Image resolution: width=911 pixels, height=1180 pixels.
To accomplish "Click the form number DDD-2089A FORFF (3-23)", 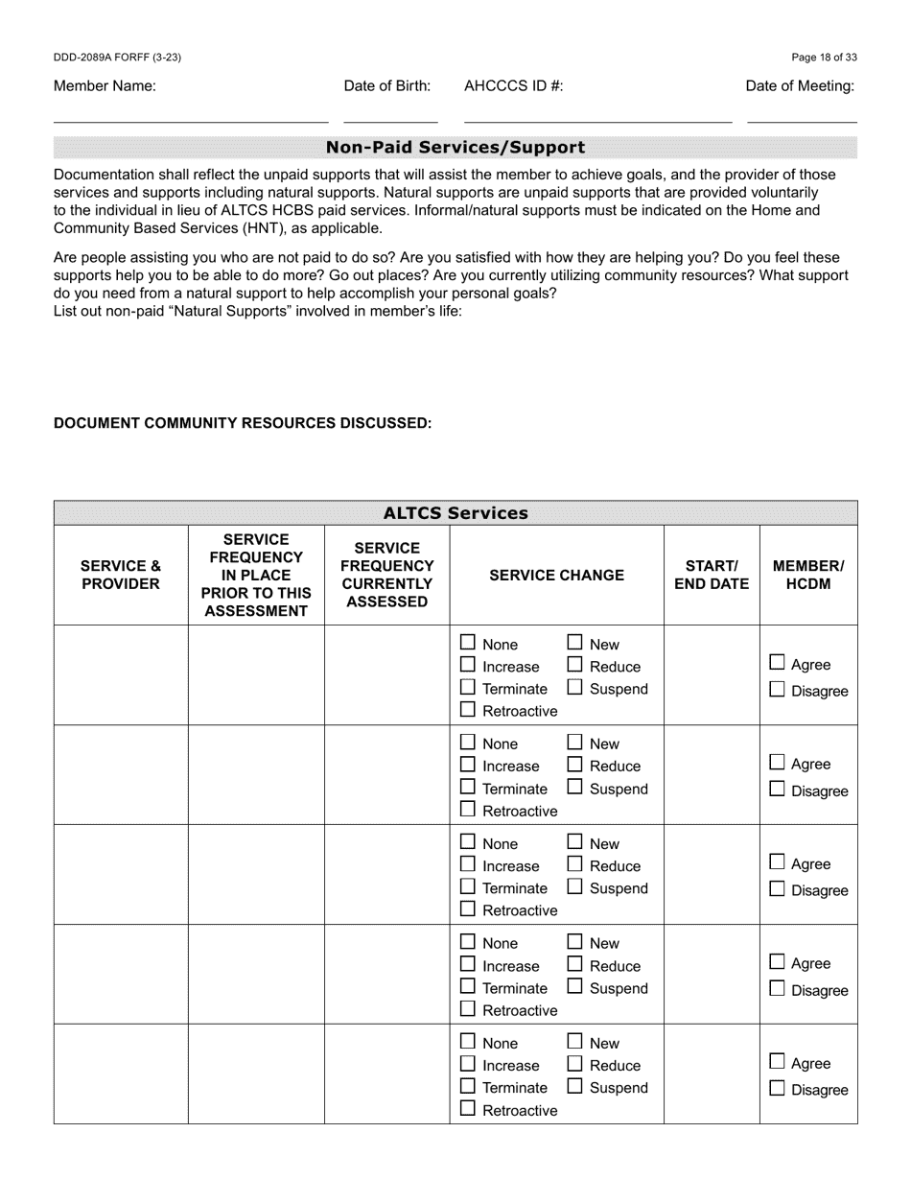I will coord(117,58).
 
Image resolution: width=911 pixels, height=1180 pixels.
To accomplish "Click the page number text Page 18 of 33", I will coord(824,58).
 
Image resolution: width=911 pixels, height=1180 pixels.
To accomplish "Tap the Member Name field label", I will coord(105,86).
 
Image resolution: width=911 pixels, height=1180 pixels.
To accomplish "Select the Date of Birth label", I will coord(386,86).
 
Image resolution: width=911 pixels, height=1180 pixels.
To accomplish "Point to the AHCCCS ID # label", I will coord(513,86).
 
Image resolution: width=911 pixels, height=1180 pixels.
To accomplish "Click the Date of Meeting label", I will coord(800,86).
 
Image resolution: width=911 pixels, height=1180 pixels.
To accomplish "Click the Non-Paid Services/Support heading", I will coord(455,148).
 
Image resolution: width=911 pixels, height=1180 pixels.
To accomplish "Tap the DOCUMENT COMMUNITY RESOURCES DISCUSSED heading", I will coord(243,423).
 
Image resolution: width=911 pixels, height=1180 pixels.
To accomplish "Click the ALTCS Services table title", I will coord(455,513).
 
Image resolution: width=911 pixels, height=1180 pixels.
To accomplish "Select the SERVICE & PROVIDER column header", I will coord(121,575).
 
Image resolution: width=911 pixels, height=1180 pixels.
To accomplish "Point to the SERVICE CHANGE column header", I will coord(556,575).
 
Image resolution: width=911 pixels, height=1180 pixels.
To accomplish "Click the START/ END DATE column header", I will coord(711,575).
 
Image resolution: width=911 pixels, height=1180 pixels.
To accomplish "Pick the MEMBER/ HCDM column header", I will coord(807,575).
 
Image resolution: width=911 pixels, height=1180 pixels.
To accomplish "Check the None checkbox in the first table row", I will coord(468,643).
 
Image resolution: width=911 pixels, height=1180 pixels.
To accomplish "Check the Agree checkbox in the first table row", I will coord(778,663).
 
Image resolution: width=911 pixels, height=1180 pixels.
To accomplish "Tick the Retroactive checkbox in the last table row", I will coord(468,1109).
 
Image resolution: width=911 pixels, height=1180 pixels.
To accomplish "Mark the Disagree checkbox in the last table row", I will coord(778,1089).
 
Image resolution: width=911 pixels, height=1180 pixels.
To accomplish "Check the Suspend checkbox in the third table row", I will coord(575,887).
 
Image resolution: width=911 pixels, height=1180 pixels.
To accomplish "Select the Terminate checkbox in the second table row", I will coord(468,788).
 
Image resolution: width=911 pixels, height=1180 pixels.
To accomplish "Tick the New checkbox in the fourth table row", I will coord(575,942).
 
